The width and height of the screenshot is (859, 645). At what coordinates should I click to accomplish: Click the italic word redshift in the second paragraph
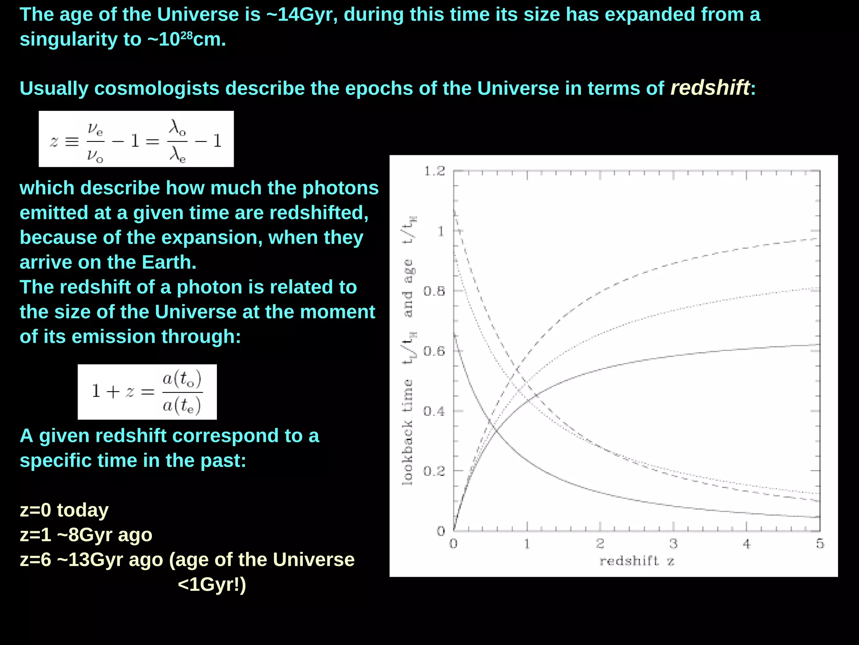(x=710, y=88)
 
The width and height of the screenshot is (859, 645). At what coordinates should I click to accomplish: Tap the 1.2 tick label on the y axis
(x=434, y=171)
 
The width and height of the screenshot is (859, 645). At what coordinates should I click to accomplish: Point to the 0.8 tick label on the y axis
(x=434, y=291)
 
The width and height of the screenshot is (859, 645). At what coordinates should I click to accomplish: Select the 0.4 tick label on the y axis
(x=434, y=411)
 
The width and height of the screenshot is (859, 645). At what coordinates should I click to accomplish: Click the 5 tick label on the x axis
(x=820, y=544)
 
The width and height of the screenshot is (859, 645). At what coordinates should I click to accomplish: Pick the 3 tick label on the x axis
(x=673, y=544)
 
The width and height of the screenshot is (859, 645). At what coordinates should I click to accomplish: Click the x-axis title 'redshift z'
(x=637, y=561)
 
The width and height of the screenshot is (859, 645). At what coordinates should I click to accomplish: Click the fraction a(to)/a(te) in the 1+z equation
(x=182, y=392)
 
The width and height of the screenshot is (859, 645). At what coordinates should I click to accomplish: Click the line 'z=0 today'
(x=64, y=510)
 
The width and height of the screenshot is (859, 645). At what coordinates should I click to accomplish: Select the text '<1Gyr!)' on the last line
(x=212, y=584)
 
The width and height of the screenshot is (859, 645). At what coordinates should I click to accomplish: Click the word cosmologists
(x=157, y=89)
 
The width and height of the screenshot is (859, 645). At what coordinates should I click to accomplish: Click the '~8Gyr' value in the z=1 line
(x=86, y=535)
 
